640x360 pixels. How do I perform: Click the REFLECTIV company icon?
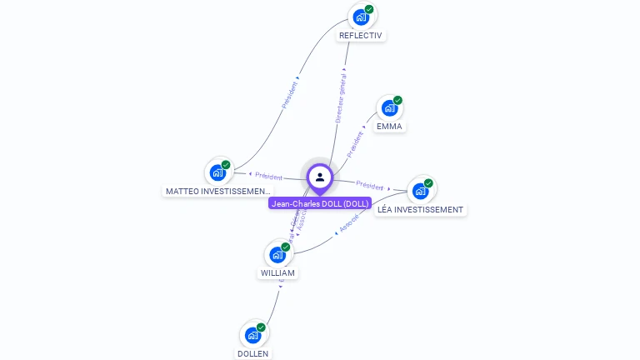[x=361, y=17]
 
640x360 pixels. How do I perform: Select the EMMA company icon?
[x=389, y=107]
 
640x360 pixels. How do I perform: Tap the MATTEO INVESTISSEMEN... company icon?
[x=218, y=172]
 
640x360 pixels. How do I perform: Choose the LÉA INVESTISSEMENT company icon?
[x=420, y=191]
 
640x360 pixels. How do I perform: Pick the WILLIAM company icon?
[x=277, y=254]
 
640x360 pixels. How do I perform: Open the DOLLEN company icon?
[x=253, y=335]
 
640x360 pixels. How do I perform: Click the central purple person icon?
[x=320, y=177]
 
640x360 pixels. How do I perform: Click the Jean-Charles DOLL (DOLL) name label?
[x=320, y=203]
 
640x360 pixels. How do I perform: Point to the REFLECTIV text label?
[x=361, y=36]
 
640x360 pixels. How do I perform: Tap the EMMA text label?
[x=389, y=127]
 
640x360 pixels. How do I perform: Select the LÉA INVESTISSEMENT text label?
[x=420, y=210]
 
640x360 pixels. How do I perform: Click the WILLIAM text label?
[x=277, y=273]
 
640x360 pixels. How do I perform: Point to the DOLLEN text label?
[x=253, y=353]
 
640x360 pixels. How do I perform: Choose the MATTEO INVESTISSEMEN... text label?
[x=218, y=192]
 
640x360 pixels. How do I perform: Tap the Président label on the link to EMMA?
[x=355, y=143]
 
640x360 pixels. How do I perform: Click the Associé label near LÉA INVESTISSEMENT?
[x=349, y=222]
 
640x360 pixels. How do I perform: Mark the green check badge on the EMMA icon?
[x=397, y=100]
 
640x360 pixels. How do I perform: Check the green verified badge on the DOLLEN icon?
[x=261, y=327]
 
